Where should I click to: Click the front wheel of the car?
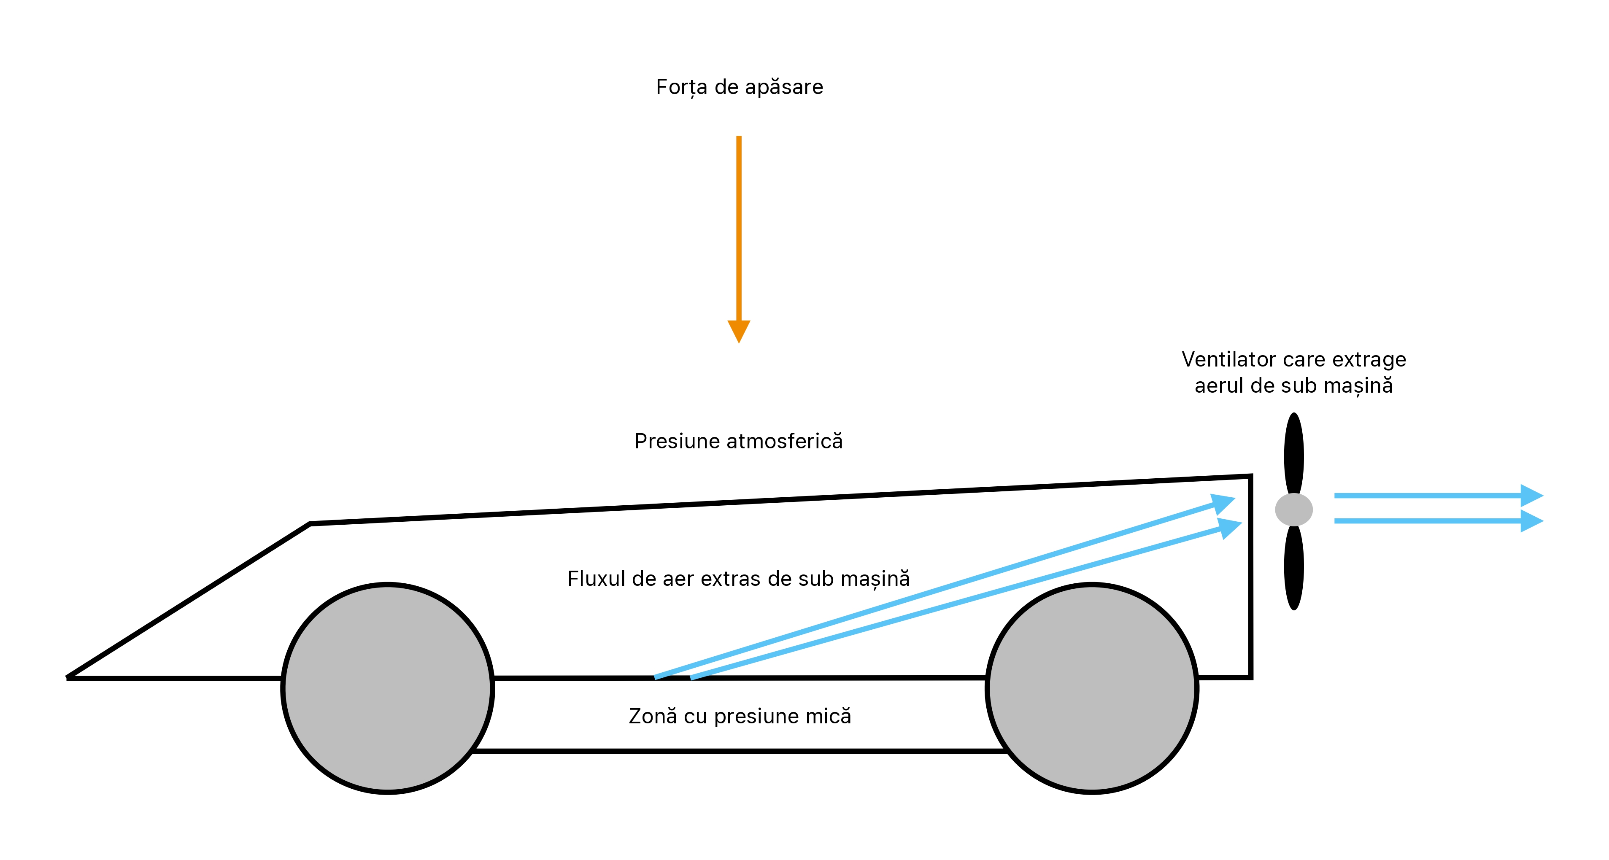388,688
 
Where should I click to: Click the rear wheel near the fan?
1092,688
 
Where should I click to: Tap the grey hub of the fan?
1293,510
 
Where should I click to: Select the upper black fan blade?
1293,453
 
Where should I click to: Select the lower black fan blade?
1293,567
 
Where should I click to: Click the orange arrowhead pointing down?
739,330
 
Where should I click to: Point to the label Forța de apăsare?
740,87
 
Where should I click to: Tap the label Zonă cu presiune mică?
740,716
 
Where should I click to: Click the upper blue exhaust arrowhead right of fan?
1531,495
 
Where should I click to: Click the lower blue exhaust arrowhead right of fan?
1531,521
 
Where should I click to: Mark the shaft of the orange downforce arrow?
739,229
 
